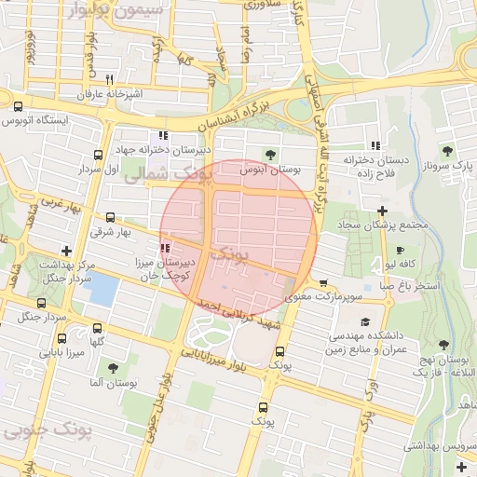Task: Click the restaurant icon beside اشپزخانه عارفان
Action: click(x=110, y=80)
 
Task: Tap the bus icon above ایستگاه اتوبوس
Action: click(x=18, y=106)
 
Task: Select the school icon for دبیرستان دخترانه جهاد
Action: click(x=164, y=136)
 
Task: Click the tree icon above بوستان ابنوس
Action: click(x=270, y=155)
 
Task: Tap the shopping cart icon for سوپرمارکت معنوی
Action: click(x=323, y=284)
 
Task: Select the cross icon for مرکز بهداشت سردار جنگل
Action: click(x=66, y=251)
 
